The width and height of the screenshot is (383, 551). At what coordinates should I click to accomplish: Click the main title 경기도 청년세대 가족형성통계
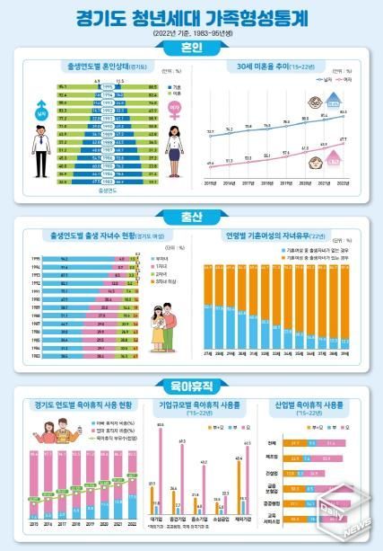tap(191, 17)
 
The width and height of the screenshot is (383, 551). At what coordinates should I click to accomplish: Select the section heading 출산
tap(191, 216)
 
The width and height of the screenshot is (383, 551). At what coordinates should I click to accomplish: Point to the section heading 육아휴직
tap(191, 387)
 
